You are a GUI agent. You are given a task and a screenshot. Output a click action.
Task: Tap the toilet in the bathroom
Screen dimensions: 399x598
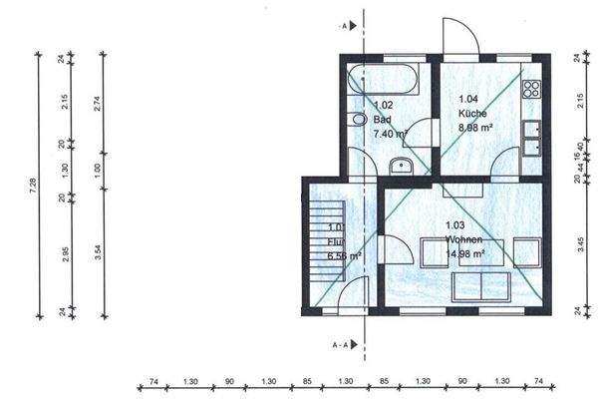coord(357,120)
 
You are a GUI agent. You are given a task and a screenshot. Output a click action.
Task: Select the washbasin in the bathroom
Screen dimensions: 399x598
coord(403,166)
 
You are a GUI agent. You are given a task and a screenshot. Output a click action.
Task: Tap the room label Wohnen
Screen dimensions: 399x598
coord(464,240)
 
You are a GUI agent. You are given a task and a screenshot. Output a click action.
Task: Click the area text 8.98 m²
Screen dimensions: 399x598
coord(474,128)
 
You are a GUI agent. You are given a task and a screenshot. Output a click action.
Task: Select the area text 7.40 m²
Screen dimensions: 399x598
coord(390,133)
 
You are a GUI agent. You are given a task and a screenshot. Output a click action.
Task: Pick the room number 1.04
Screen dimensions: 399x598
coord(467,99)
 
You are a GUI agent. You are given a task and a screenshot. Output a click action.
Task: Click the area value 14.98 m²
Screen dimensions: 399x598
coord(464,254)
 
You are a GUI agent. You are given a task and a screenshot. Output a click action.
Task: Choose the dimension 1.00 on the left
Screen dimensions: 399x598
coord(97,170)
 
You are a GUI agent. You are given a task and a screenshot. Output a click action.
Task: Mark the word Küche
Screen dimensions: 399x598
coord(471,114)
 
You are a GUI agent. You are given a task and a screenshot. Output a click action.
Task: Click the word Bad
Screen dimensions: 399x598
coord(381,119)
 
